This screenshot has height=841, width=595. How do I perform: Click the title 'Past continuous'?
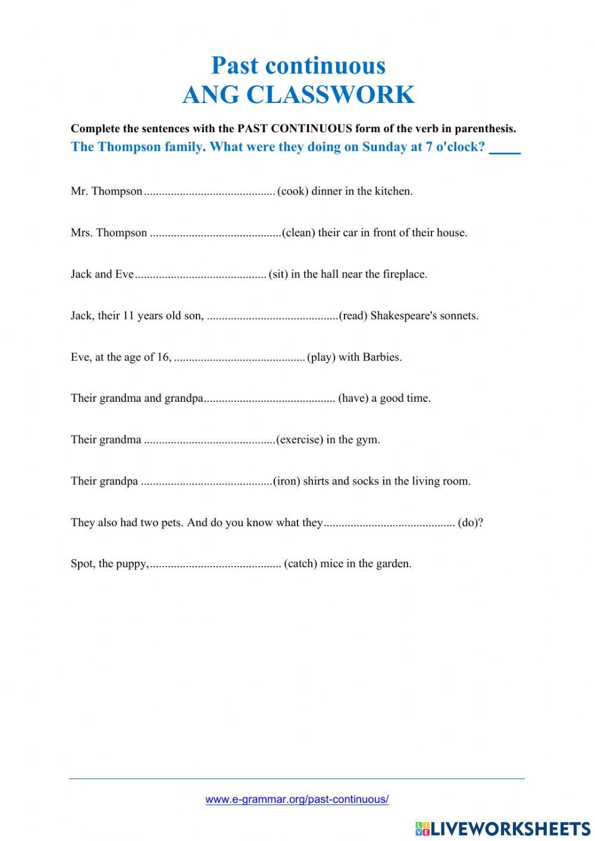[298, 65]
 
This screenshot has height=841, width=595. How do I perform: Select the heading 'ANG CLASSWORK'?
[298, 95]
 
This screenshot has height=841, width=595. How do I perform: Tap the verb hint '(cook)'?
[293, 192]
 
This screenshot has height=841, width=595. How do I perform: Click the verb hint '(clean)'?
[299, 233]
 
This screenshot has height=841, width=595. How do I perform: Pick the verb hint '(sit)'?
[278, 274]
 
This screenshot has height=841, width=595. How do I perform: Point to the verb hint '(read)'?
[353, 316]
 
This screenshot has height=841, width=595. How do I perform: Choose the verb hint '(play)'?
[321, 358]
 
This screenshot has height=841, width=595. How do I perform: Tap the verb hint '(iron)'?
[286, 482]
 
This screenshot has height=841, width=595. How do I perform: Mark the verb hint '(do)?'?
[471, 523]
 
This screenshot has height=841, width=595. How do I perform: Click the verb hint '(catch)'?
[300, 564]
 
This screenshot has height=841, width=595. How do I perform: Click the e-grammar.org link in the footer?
[297, 800]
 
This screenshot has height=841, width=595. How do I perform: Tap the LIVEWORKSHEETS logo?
[503, 828]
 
